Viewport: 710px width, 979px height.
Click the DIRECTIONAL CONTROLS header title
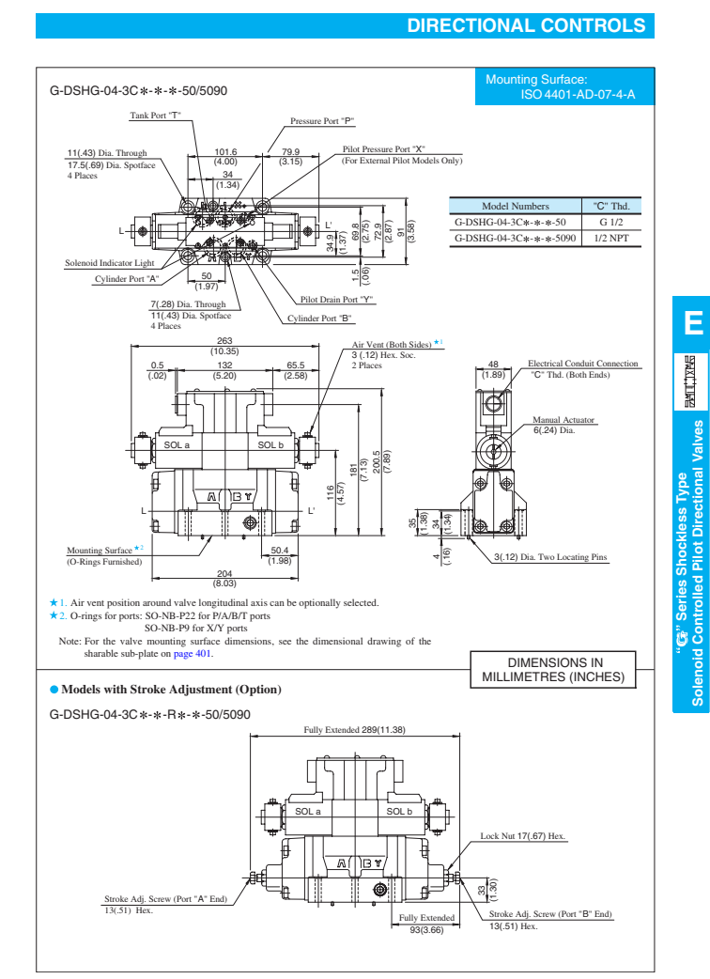coord(526,25)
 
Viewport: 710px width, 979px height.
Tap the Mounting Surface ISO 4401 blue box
coord(560,87)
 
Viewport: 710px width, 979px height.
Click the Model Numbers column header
coord(515,207)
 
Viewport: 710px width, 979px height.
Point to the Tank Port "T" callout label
coord(155,116)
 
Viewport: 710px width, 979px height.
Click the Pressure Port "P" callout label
coord(321,121)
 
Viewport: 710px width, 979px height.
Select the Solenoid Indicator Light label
coord(109,263)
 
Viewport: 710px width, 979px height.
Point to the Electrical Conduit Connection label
coord(582,364)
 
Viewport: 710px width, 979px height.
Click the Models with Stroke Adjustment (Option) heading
coord(170,690)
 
